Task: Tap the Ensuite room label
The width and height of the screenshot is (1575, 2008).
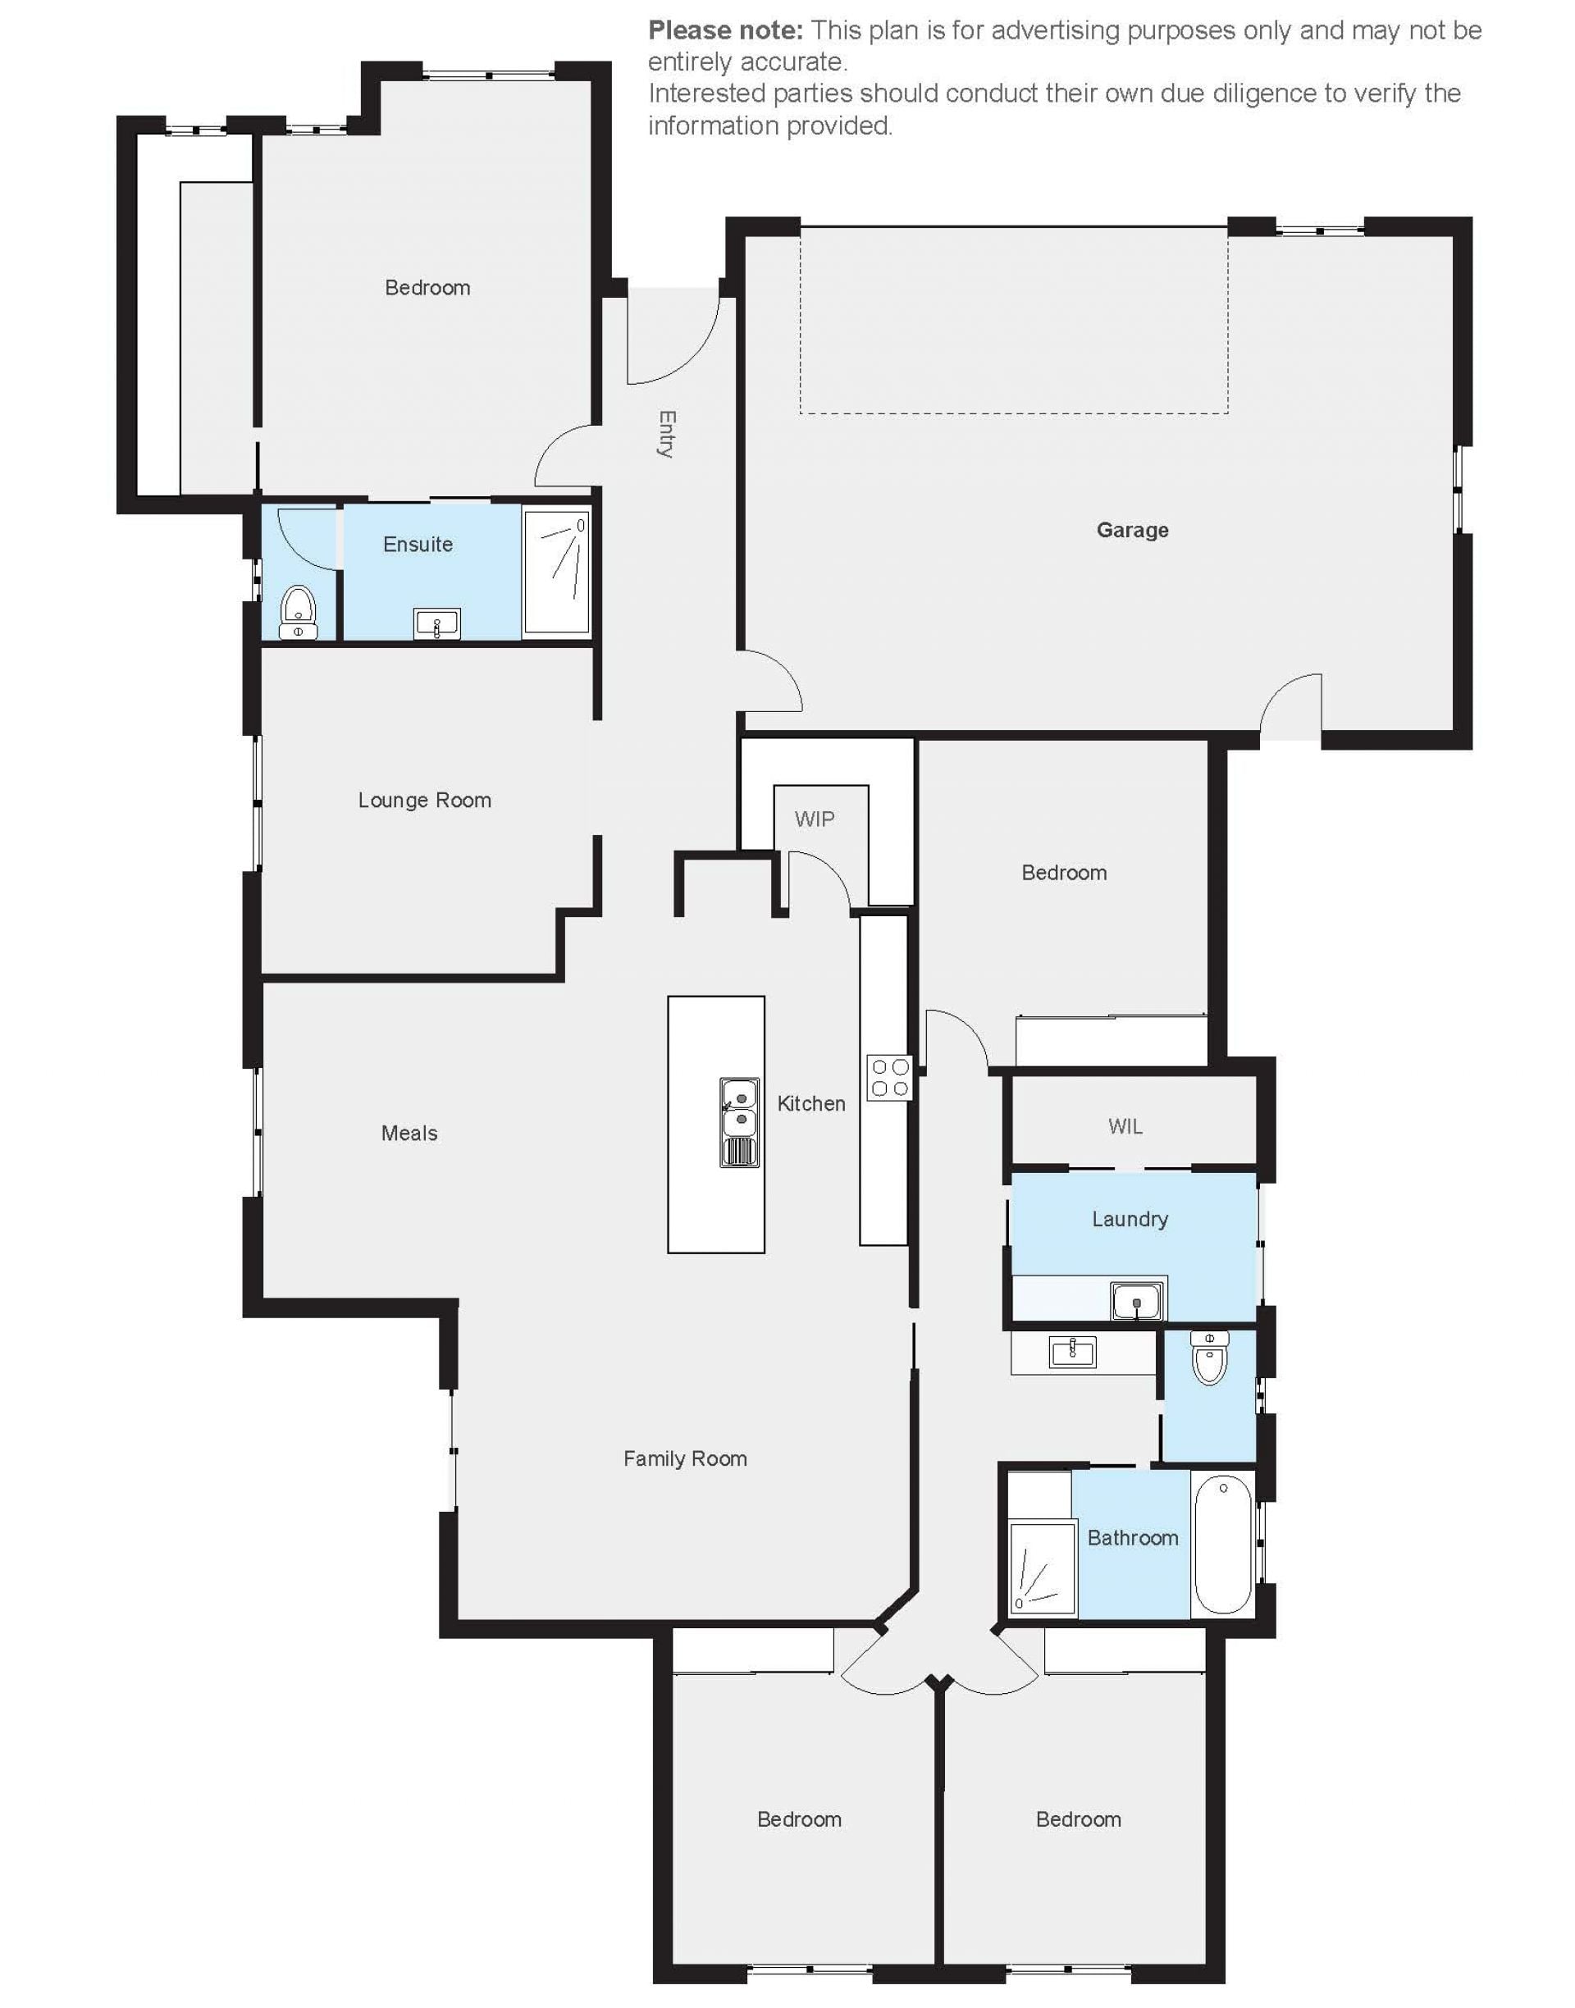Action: (x=418, y=544)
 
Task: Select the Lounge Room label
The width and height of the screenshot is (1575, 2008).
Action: (x=424, y=801)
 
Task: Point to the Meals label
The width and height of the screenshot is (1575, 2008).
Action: (x=409, y=1133)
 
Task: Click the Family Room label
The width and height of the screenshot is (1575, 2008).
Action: (x=685, y=1458)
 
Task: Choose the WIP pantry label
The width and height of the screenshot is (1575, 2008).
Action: (x=815, y=819)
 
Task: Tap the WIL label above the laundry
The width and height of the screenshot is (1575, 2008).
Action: (x=1125, y=1125)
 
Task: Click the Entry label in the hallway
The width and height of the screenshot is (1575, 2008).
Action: (x=667, y=434)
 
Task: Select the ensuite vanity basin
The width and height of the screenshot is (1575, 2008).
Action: (x=437, y=624)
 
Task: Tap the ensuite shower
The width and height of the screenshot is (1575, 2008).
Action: (x=556, y=573)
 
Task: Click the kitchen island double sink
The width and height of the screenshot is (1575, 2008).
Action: (x=740, y=1122)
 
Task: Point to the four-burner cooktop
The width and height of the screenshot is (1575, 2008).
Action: (x=890, y=1078)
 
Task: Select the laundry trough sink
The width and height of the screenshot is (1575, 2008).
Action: (x=1137, y=1302)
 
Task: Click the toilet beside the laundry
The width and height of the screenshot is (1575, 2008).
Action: (x=1209, y=1358)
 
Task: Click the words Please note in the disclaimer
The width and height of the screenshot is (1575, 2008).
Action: (x=726, y=30)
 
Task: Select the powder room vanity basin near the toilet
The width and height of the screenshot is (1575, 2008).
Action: (x=1072, y=1353)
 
